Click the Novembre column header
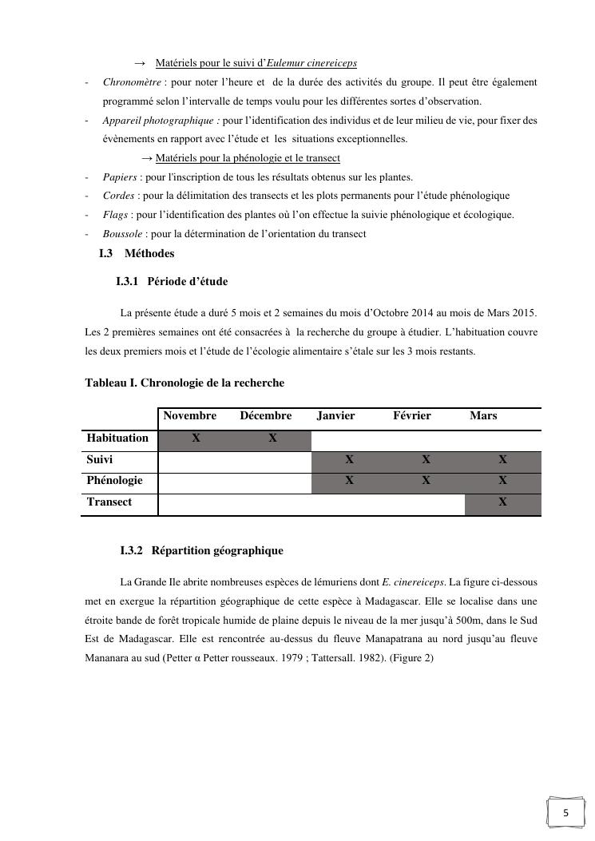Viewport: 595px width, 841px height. (x=190, y=416)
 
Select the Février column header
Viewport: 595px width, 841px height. (x=412, y=416)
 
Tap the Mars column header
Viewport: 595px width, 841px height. (x=483, y=416)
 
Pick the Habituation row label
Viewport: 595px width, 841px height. (x=117, y=438)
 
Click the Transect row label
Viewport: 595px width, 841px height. (x=109, y=502)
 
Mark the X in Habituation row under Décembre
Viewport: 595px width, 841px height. (x=272, y=438)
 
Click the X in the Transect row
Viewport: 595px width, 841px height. (x=502, y=502)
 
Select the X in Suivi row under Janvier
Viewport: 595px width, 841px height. (x=349, y=460)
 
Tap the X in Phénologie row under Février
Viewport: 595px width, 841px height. (x=426, y=481)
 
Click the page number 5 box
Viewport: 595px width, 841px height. (x=566, y=814)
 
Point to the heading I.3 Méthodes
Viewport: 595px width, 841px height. (x=137, y=254)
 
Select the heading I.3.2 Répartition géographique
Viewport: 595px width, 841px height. (x=201, y=551)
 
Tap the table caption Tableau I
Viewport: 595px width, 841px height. (x=184, y=383)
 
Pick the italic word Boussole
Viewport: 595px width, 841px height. (x=122, y=234)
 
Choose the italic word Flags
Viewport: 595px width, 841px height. (x=115, y=215)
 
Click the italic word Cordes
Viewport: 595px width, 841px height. (x=118, y=196)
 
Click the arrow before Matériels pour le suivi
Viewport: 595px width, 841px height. (x=140, y=63)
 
